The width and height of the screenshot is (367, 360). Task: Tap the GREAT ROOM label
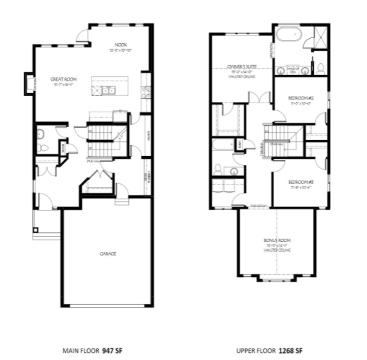pyautogui.click(x=61, y=79)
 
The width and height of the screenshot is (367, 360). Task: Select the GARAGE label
pyautogui.click(x=108, y=254)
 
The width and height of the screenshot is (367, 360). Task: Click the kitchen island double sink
pyautogui.click(x=108, y=91)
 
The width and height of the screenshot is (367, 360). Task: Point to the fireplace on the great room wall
pyautogui.click(x=28, y=82)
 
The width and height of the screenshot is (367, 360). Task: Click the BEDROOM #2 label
pyautogui.click(x=300, y=97)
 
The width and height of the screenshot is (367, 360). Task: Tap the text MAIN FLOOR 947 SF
pyautogui.click(x=91, y=350)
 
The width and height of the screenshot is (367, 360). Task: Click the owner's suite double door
pyautogui.click(x=261, y=98)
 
